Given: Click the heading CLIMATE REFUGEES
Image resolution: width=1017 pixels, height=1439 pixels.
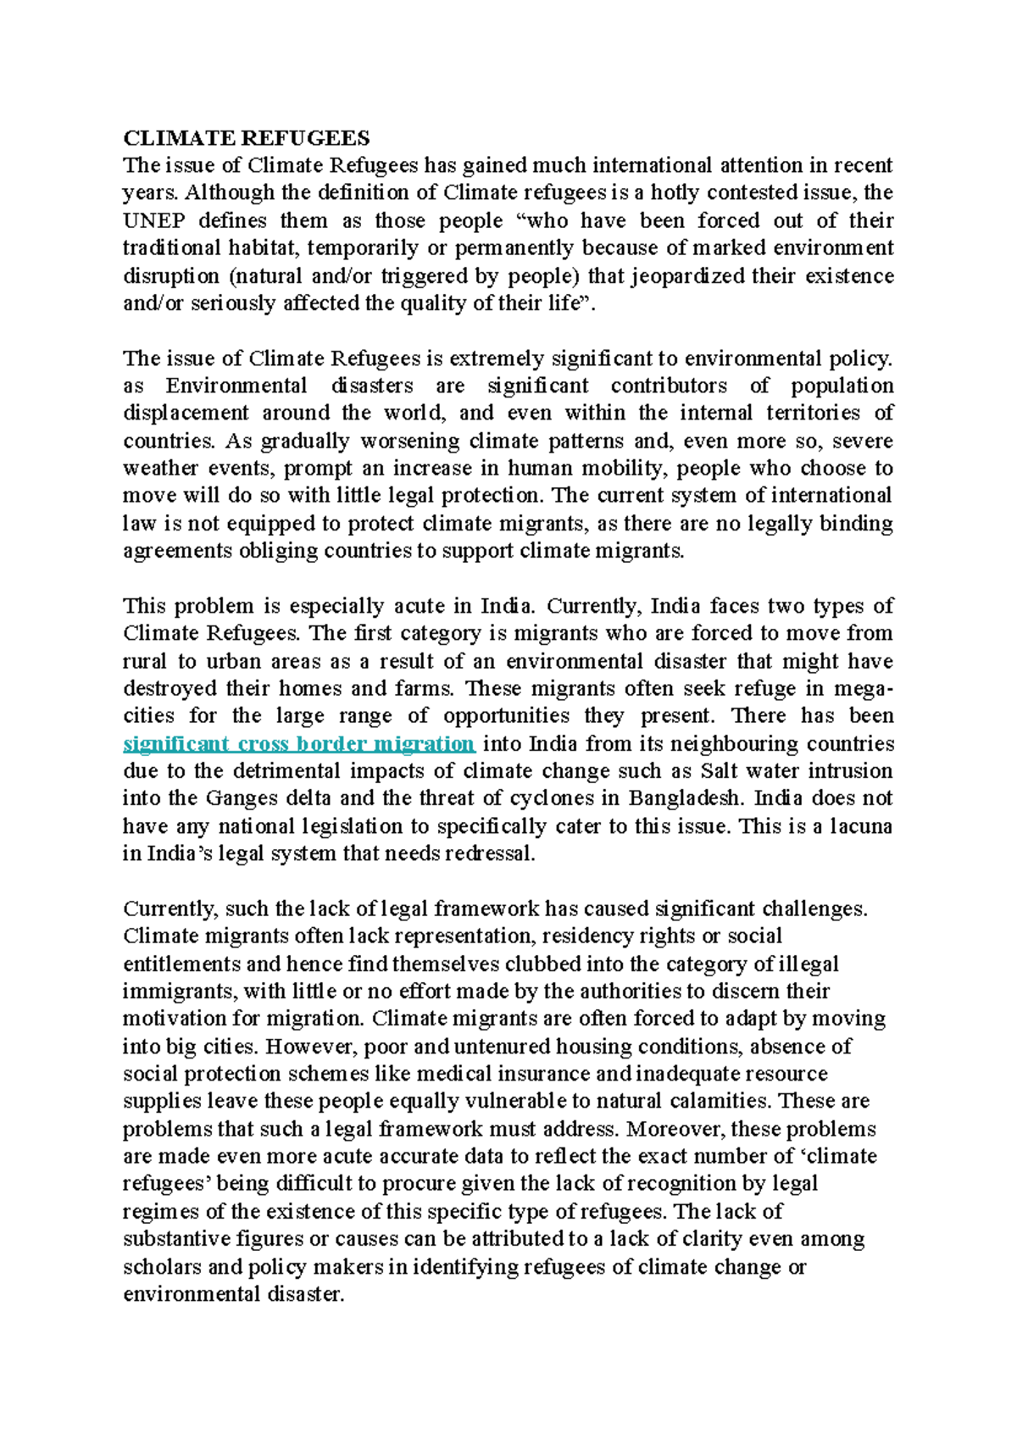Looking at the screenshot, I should tap(247, 138).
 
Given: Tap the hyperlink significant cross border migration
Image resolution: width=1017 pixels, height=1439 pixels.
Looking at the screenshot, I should tap(299, 744).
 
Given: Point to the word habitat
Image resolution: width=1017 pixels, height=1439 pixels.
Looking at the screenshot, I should tap(263, 248).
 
